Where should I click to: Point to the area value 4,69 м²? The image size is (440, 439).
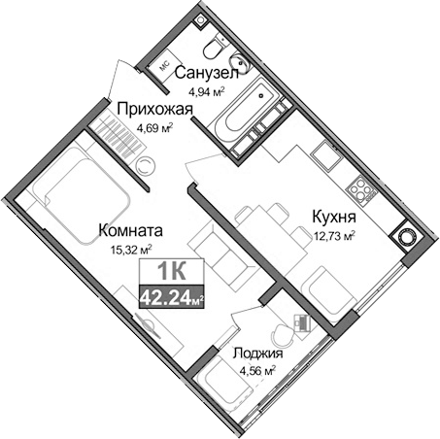[152, 127]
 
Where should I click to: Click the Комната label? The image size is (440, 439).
[130, 231]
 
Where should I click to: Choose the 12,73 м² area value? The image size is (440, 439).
[333, 234]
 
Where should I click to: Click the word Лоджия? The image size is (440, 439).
[257, 354]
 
